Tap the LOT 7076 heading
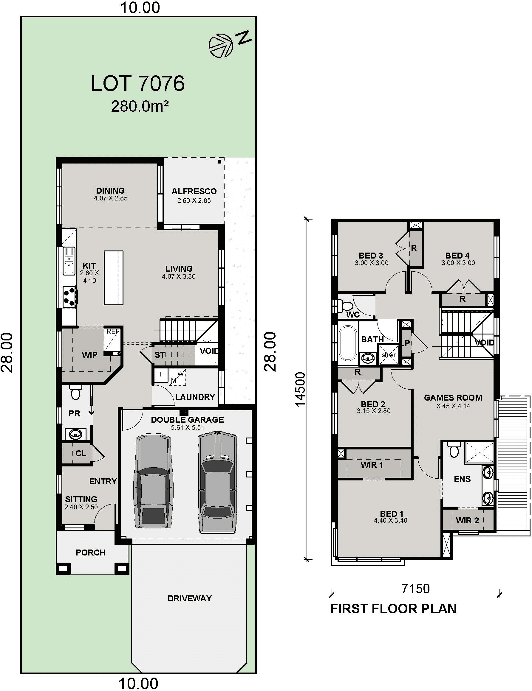pos(138,83)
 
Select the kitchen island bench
pos(114,278)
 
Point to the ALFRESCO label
pos(194,191)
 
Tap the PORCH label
pos(91,553)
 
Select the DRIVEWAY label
pos(190,598)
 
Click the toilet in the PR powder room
pos(75,393)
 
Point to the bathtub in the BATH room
pos(348,343)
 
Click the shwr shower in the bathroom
pos(389,355)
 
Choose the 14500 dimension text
pos(300,389)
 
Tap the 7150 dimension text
pos(415,589)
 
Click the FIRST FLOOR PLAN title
pos(393,609)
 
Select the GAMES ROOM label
pos(453,398)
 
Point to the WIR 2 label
pos(467,520)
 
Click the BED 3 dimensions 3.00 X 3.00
pos(372,263)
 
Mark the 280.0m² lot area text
pos(140,107)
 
